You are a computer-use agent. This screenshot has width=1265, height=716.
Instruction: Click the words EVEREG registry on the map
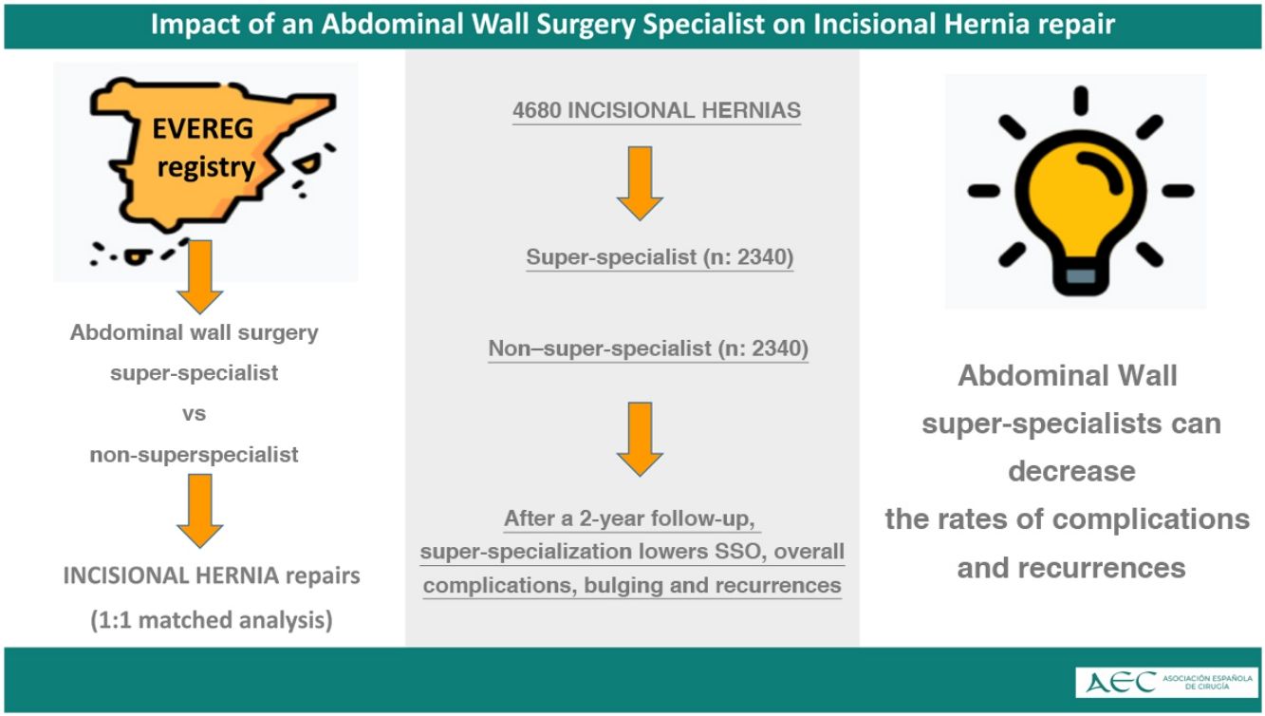[206, 148]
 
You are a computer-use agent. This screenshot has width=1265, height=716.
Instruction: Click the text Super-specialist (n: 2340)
[660, 257]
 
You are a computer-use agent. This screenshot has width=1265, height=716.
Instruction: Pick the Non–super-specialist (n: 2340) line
[648, 349]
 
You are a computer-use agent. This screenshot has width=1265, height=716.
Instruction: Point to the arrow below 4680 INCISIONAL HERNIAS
[640, 182]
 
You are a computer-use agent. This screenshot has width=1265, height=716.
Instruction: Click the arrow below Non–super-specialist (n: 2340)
[640, 438]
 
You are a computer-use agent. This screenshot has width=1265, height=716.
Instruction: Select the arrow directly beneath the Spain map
[200, 277]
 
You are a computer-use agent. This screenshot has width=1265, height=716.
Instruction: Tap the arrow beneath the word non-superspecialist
[200, 510]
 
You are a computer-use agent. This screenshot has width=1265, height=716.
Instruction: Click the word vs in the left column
[194, 414]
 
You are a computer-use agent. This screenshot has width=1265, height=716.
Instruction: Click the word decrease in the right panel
[1071, 471]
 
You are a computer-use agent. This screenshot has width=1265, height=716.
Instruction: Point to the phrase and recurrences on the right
[1071, 568]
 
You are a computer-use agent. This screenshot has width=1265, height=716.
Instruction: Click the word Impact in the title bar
[194, 25]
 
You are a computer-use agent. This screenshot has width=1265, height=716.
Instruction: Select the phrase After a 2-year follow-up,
[632, 519]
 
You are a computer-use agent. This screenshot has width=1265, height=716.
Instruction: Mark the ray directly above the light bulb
[1079, 100]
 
